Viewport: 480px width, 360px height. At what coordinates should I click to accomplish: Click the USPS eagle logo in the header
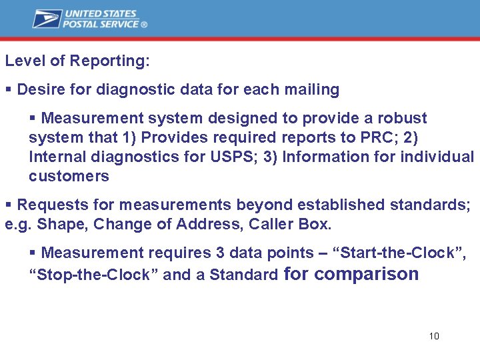(x=47, y=19)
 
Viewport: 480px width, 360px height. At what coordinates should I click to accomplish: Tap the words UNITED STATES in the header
(x=100, y=13)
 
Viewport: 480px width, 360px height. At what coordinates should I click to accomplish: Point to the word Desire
(x=39, y=89)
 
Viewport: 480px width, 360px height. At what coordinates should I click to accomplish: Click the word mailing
(x=313, y=89)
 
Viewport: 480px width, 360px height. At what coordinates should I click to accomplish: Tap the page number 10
(x=434, y=336)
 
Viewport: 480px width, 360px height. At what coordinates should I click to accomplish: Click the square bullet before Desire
(x=8, y=89)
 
